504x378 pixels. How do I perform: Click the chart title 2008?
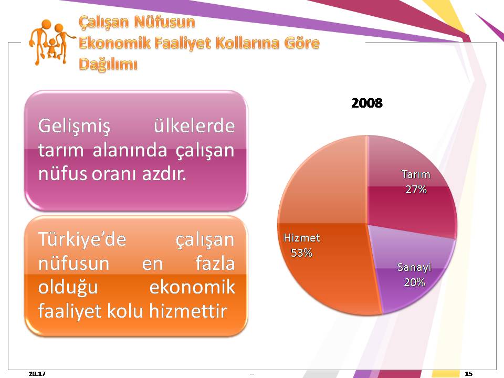point(367,103)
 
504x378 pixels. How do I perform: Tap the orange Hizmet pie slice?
point(324,232)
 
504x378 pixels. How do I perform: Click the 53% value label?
point(301,253)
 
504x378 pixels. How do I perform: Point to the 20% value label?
point(414,282)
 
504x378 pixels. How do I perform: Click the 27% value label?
point(416,190)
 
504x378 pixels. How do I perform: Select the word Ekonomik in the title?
point(114,43)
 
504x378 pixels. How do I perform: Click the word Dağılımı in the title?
point(108,64)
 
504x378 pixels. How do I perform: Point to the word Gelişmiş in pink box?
point(74,126)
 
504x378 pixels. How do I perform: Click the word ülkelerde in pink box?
point(194,125)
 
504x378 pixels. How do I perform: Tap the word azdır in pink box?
point(164,174)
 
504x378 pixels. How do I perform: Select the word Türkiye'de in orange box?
point(82,240)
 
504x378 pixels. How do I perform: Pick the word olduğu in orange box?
point(68,287)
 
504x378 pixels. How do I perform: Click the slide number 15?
point(469,373)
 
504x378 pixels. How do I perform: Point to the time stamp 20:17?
point(37,373)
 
